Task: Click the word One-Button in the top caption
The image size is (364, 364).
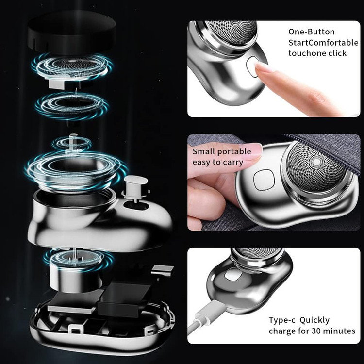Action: click(311, 32)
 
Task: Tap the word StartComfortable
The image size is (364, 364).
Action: click(323, 43)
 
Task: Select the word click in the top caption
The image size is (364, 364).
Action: click(337, 53)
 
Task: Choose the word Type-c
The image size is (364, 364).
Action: click(282, 320)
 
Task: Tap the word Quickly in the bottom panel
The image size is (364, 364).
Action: click(314, 321)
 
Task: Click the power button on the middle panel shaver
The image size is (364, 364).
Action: click(264, 180)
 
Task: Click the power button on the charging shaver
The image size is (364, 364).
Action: click(233, 274)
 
